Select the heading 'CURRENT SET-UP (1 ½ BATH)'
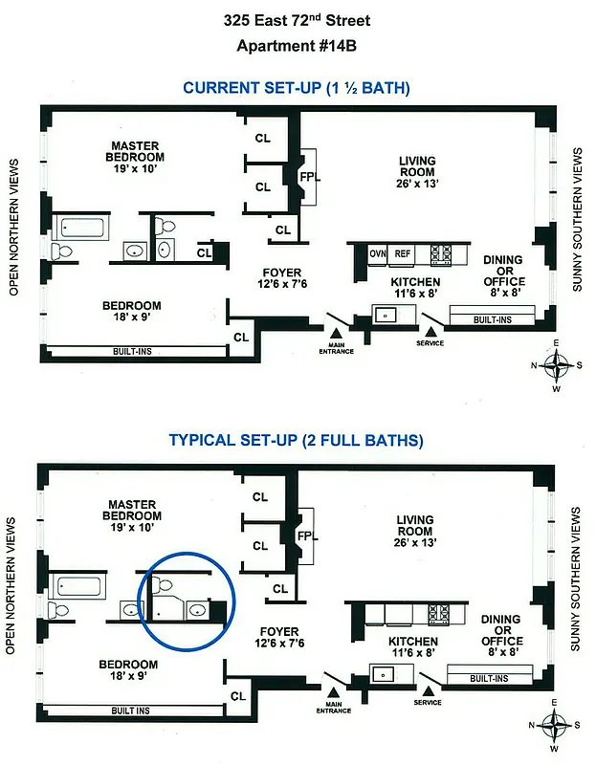click(x=297, y=88)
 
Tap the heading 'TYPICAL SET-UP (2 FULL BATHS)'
click(x=297, y=441)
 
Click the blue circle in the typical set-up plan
click(x=182, y=601)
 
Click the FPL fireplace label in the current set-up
click(x=308, y=178)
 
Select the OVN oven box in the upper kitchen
click(x=378, y=254)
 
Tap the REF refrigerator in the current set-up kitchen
click(x=403, y=254)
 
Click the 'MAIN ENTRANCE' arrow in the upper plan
click(x=336, y=337)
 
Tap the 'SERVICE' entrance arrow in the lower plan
click(x=428, y=690)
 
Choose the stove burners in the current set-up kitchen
click(x=442, y=254)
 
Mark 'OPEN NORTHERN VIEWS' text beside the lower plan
click(x=13, y=585)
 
